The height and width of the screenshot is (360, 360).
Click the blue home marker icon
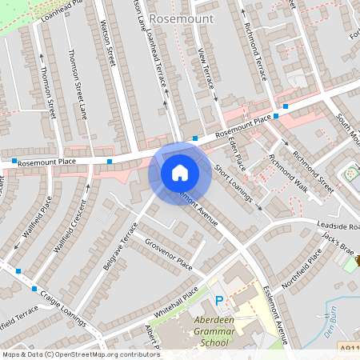point(180,173)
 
